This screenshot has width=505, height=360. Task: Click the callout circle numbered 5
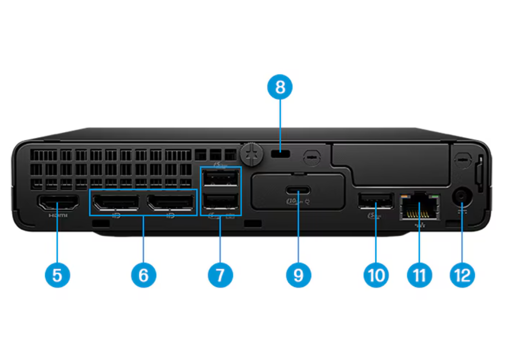point(57,276)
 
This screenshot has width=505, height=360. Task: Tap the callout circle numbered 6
point(143,276)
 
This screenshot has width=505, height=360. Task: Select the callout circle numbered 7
point(220,276)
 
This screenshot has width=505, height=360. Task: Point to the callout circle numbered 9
point(298,276)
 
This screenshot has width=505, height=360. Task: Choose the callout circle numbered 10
point(376,276)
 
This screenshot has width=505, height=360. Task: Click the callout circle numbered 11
point(419,276)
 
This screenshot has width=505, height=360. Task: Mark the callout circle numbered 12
point(462,276)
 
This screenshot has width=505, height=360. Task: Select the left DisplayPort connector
point(116,202)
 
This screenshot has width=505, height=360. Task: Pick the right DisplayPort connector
point(170,202)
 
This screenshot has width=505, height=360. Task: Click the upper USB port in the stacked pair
point(221,180)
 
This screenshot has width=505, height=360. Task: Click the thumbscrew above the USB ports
point(252,152)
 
